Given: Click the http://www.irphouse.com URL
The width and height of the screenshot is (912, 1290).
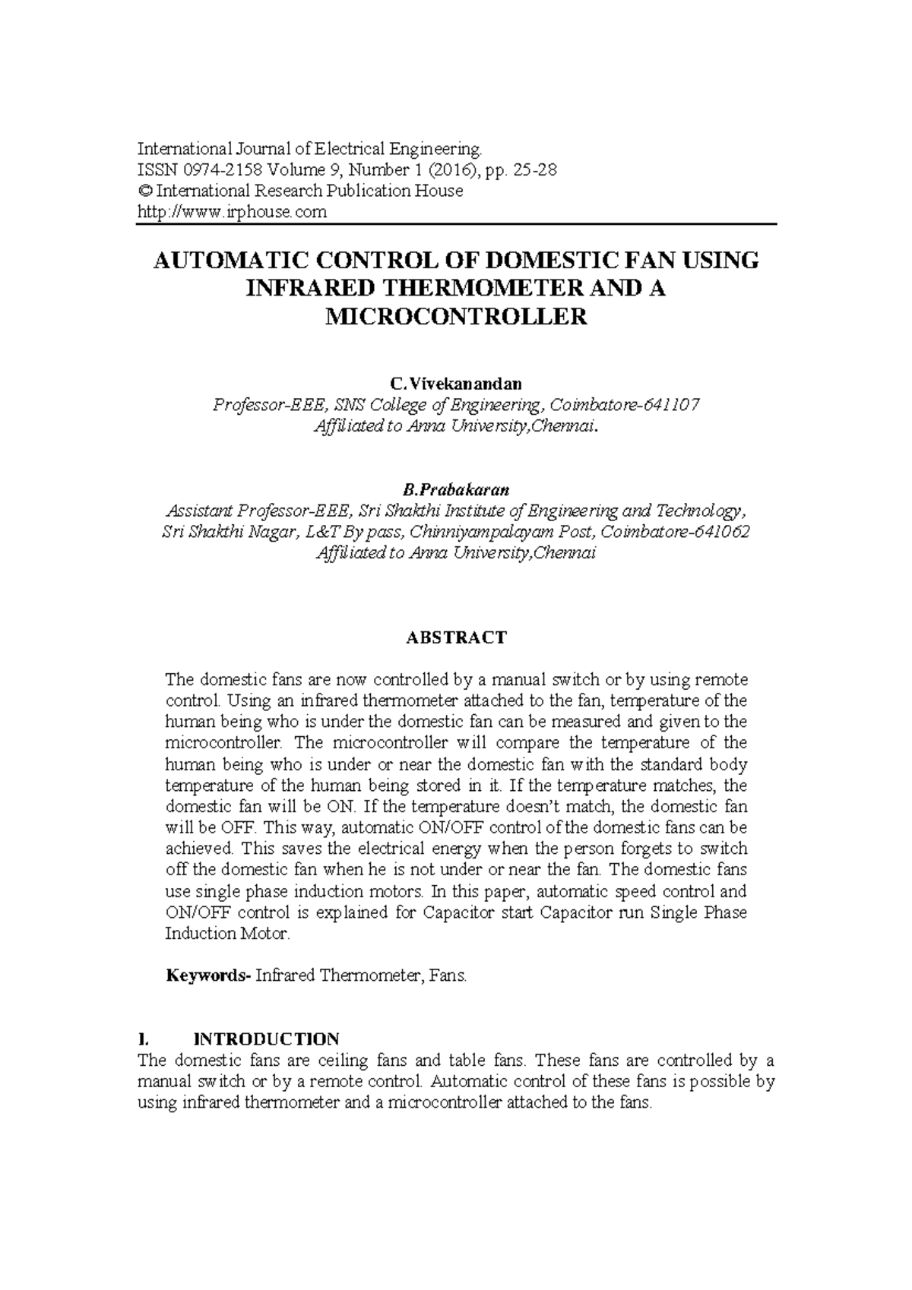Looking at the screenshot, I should click(x=232, y=213).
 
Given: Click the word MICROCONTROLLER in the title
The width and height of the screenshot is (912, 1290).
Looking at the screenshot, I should click(x=456, y=317).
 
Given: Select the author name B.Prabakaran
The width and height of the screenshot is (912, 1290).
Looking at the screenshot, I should click(x=456, y=488).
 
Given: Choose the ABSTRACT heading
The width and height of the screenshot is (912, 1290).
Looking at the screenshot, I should click(x=456, y=637).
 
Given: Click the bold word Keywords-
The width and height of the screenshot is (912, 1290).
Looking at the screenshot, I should click(x=207, y=975).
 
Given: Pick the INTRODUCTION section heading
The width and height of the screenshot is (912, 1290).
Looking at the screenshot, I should click(x=267, y=1039).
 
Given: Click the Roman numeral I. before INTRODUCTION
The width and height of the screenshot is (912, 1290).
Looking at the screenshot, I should click(x=142, y=1039).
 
